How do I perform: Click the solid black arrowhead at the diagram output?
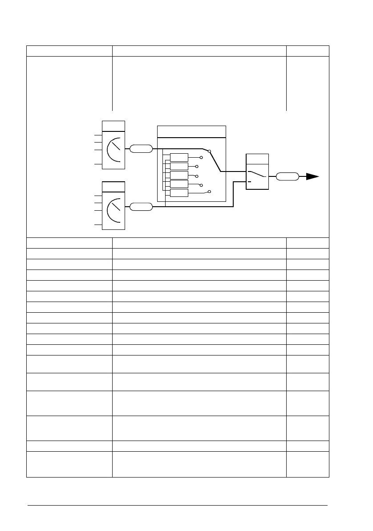coord(312,176)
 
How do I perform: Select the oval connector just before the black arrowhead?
coord(287,176)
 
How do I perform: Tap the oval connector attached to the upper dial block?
coord(141,149)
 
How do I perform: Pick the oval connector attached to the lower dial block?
coord(141,207)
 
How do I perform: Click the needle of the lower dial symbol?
coord(115,205)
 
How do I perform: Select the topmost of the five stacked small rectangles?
coord(179,157)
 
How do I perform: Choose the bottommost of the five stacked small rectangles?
coord(179,192)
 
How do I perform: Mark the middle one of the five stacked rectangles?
coord(179,175)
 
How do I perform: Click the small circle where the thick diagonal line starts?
coord(209,151)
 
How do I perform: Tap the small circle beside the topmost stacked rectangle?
coord(202,157)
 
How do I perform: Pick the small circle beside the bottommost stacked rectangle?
coord(209,192)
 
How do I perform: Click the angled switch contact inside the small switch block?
coord(257,174)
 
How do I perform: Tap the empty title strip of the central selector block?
coord(191,132)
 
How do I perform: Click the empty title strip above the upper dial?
coord(114,126)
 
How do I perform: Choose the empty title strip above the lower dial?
coord(114,187)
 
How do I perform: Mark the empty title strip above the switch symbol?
coord(257,159)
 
